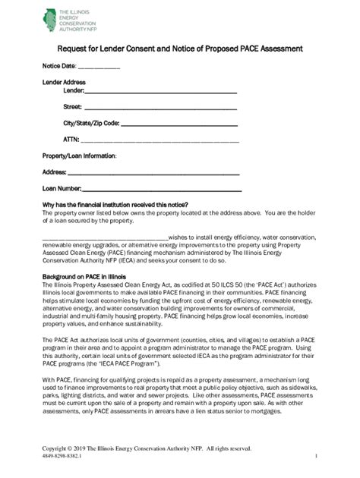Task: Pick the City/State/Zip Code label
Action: (x=90, y=123)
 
